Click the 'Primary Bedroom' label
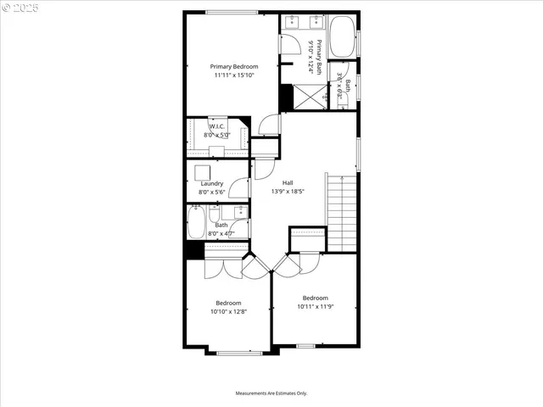pyautogui.click(x=233, y=66)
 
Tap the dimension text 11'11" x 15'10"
pyautogui.click(x=233, y=75)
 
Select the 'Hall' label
pyautogui.click(x=288, y=182)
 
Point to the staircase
pyautogui.click(x=340, y=212)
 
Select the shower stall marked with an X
pyautogui.click(x=310, y=98)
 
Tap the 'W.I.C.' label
pyautogui.click(x=216, y=126)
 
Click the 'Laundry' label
pyautogui.click(x=211, y=183)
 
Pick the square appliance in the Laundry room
pyautogui.click(x=203, y=171)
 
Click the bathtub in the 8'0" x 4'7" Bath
pyautogui.click(x=196, y=224)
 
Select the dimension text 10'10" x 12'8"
pyautogui.click(x=228, y=311)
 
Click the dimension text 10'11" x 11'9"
pyautogui.click(x=315, y=306)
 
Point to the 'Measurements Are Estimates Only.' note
pyautogui.click(x=271, y=393)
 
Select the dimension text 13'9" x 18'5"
pyautogui.click(x=288, y=192)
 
